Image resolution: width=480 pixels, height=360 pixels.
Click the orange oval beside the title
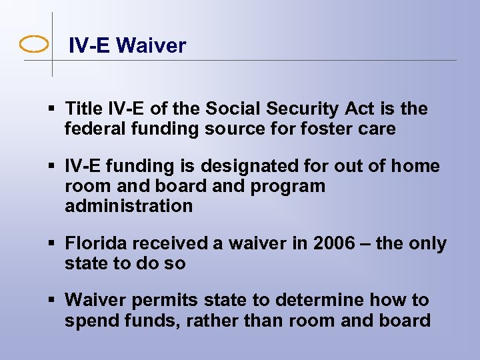click(x=34, y=45)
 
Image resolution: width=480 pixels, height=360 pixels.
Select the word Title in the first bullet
click(x=85, y=109)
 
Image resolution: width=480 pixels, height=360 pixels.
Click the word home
click(x=418, y=166)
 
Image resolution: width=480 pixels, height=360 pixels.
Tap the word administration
click(x=129, y=206)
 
